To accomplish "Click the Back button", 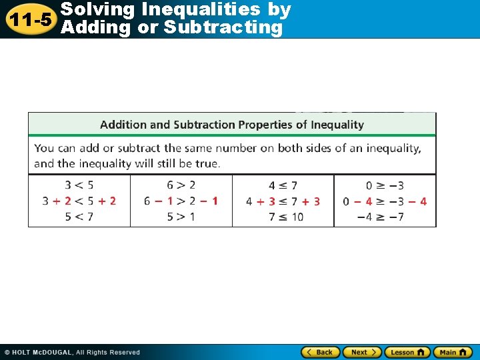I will (x=321, y=352).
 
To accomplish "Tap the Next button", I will (x=362, y=352).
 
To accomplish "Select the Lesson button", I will (x=407, y=352).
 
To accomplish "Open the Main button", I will (x=453, y=352).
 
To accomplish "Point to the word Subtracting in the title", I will (x=223, y=27).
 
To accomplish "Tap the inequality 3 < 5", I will (x=79, y=185).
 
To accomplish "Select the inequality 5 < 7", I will (x=79, y=217).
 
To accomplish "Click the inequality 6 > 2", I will (x=181, y=185).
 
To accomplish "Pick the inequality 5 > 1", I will (x=181, y=217).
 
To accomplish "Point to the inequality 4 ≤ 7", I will (x=283, y=185).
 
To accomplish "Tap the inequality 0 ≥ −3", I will (x=385, y=185).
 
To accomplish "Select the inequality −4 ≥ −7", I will (x=385, y=217).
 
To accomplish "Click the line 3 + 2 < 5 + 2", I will (x=79, y=201).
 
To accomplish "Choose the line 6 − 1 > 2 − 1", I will (x=181, y=201).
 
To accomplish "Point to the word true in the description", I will (x=209, y=163).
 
